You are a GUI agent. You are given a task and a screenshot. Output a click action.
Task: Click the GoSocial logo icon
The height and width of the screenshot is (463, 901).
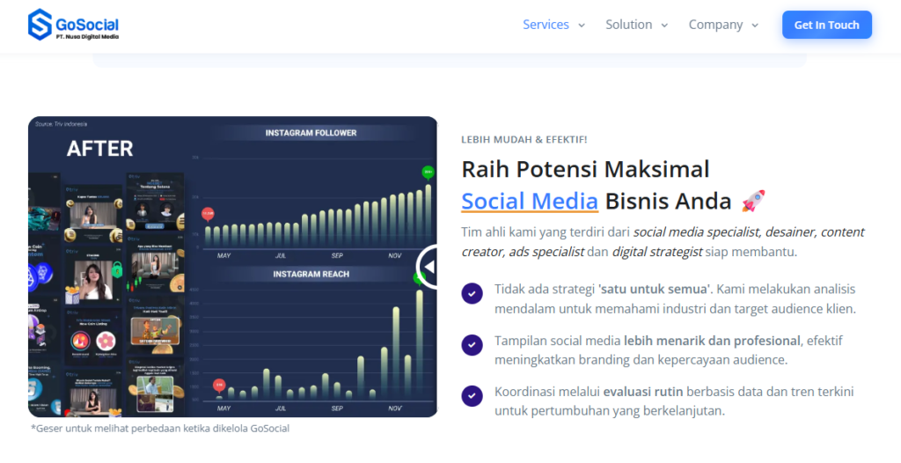pos(40,25)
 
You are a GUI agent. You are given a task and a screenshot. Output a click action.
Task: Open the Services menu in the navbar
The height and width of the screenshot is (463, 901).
pos(553,25)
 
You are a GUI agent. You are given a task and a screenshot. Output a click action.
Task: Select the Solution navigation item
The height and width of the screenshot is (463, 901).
pos(636,25)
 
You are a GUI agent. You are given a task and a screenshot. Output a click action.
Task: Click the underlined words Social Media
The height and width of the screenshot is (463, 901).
pos(530,202)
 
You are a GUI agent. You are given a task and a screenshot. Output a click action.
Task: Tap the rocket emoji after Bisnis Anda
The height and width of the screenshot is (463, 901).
pos(753,202)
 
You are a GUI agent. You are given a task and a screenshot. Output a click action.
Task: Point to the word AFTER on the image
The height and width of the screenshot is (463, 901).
pos(100,149)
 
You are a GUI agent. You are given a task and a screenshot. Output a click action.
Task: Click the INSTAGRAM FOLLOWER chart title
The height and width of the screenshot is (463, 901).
pos(311,133)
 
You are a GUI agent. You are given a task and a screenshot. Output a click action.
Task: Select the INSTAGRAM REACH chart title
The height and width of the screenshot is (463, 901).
pos(311,274)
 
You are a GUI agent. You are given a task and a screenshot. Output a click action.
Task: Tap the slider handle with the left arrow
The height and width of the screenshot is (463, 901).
pos(429,266)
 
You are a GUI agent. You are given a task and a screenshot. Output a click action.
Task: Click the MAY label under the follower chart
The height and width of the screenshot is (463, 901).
pos(223,255)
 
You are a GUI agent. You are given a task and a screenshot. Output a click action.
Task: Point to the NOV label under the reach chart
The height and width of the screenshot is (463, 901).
pos(395,408)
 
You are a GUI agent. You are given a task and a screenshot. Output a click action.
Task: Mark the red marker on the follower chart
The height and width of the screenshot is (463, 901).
pos(208,213)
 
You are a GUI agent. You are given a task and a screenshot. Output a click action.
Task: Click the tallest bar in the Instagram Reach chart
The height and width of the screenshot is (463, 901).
pos(420,343)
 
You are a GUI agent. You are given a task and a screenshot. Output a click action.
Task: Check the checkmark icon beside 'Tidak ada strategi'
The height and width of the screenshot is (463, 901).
pos(472,293)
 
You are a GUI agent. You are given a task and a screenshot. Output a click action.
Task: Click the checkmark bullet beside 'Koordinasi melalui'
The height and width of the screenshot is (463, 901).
pos(472,395)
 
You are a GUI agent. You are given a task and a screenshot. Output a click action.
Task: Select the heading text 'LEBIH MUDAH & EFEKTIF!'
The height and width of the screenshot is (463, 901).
pos(524,139)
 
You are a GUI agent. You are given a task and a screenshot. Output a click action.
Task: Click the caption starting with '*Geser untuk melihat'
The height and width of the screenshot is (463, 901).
pos(159,429)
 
